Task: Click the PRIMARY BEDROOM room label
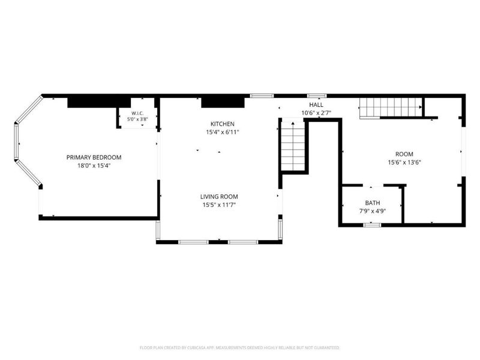[x=94, y=157]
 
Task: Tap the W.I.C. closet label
[x=137, y=113]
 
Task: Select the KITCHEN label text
[x=223, y=124]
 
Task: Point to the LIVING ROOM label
[x=219, y=197]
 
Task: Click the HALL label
[x=316, y=104]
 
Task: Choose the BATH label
[x=373, y=203]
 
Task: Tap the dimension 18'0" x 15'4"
[x=94, y=166]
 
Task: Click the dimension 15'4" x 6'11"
[x=223, y=132]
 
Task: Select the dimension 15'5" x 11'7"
[x=219, y=205]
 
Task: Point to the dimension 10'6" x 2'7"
[x=316, y=113]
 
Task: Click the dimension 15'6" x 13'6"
[x=404, y=163]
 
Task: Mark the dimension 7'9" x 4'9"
[x=373, y=211]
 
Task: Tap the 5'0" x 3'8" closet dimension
[x=137, y=119]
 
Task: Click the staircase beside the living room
[x=293, y=146]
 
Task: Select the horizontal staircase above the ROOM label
[x=391, y=107]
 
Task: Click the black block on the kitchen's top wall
[x=223, y=103]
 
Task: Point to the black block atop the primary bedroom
[x=99, y=103]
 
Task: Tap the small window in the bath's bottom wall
[x=372, y=225]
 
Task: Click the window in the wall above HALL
[x=317, y=95]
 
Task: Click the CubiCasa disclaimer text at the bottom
[x=239, y=348]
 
